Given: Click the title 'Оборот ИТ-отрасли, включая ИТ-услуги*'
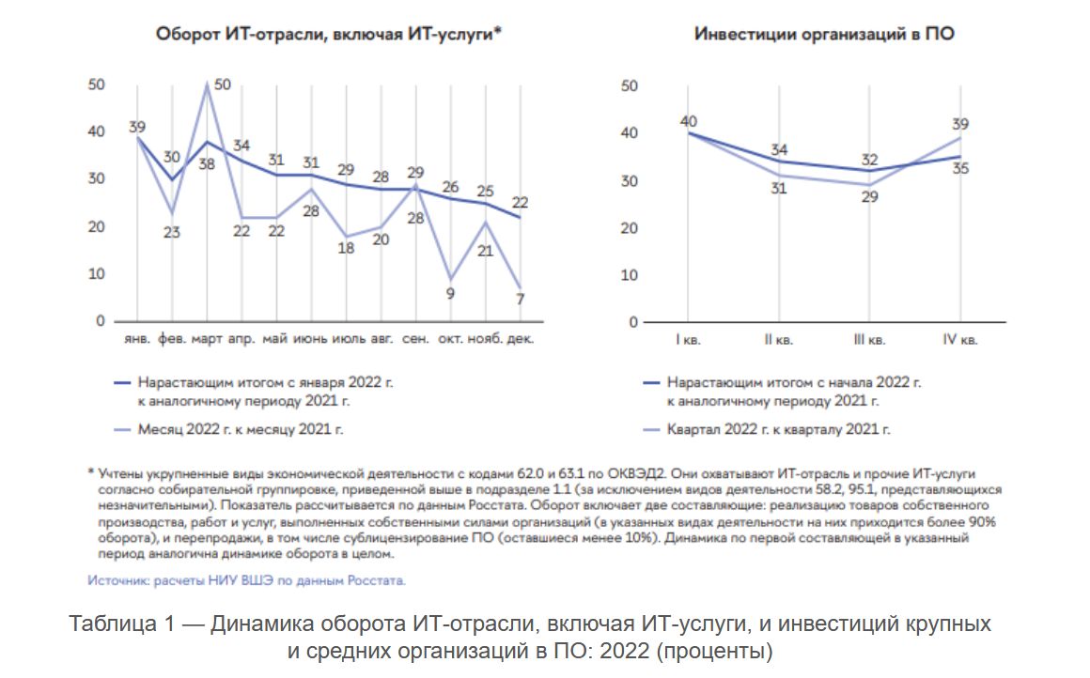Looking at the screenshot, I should (326, 34).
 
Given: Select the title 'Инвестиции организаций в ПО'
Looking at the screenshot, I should (825, 34).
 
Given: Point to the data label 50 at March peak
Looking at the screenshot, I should (222, 85).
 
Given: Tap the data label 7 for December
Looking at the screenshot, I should (520, 300).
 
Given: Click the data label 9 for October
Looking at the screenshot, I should (449, 293).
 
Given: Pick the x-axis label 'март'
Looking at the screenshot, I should (207, 339).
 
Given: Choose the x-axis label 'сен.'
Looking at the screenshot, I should (415, 339).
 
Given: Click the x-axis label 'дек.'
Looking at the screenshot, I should (520, 339).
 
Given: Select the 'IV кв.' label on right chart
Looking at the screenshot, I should (959, 340).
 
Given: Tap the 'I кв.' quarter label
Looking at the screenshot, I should (689, 340).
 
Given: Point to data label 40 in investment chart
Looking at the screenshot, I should (689, 120).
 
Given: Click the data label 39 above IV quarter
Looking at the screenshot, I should (960, 124).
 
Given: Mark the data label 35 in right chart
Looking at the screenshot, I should (960, 169).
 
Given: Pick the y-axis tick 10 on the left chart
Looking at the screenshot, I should (97, 274).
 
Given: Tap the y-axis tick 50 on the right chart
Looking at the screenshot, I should (630, 86).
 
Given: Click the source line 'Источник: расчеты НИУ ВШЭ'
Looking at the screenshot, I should (246, 580).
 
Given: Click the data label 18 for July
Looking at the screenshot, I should (346, 248).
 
